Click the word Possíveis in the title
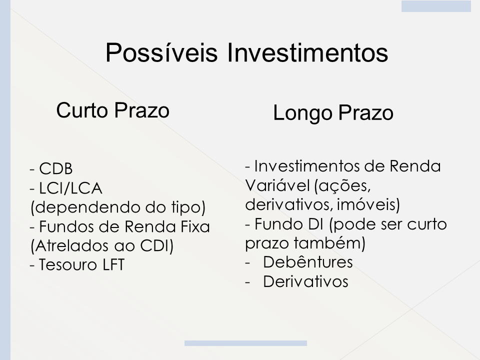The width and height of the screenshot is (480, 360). [161, 52]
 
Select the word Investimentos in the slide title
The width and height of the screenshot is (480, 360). [307, 52]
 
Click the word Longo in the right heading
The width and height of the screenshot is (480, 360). [302, 113]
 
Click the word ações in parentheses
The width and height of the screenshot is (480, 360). [343, 186]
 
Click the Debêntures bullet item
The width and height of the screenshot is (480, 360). [307, 262]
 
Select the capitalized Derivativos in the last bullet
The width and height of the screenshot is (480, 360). [305, 281]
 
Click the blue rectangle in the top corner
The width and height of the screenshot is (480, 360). [436, 6]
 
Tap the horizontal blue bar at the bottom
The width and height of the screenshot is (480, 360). [245, 343]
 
